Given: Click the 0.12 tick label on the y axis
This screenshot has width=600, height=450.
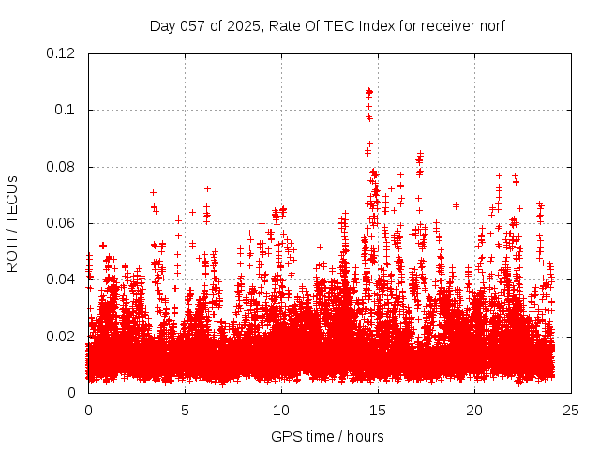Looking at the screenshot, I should tap(61, 53).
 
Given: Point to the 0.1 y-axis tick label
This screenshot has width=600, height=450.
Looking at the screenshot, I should tap(66, 110).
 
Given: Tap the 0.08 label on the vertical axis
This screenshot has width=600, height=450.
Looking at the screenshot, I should tap(61, 167).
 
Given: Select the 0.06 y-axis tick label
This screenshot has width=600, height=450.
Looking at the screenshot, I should tap(61, 223).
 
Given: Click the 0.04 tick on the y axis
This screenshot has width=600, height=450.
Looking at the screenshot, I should tap(61, 279).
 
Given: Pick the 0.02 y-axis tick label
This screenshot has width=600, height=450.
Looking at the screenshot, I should tap(61, 336).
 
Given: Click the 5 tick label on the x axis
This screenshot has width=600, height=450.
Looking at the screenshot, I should tap(185, 410).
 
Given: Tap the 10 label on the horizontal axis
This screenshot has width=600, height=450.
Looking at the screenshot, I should tap(281, 410).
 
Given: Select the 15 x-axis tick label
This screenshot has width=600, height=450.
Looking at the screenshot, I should tap(378, 410).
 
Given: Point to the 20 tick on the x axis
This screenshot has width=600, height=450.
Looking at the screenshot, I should tap(474, 410).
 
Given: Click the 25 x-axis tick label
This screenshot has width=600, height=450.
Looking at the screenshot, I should tap(571, 410).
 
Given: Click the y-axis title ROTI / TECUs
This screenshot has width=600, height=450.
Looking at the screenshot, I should tap(13, 223).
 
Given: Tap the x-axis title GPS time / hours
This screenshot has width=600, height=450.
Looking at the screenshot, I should tap(328, 436).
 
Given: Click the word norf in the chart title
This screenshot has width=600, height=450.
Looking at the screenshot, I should tap(492, 25).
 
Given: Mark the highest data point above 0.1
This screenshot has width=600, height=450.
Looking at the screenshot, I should tap(368, 91).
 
